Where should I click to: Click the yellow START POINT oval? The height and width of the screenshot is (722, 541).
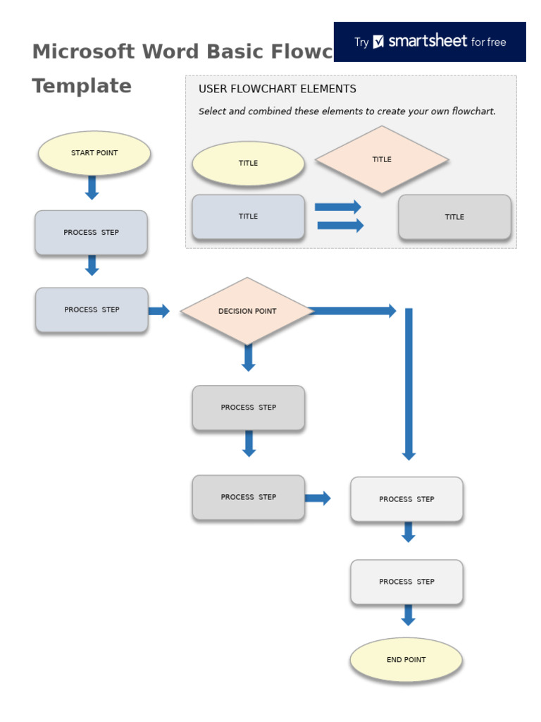click(x=94, y=153)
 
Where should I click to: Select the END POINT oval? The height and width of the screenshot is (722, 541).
click(x=406, y=660)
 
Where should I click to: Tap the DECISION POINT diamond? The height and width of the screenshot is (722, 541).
click(x=247, y=311)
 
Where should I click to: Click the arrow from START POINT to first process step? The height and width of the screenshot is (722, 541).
click(x=92, y=188)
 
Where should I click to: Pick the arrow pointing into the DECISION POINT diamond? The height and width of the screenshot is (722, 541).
click(x=159, y=311)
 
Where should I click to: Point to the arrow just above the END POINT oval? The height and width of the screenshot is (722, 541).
click(x=408, y=615)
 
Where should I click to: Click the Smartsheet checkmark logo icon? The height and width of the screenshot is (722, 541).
click(x=379, y=42)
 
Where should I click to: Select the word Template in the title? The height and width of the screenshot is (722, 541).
click(x=82, y=86)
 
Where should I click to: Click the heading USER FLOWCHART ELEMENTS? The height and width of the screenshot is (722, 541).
click(x=278, y=89)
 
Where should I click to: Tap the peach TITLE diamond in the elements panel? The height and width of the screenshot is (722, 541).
click(x=382, y=159)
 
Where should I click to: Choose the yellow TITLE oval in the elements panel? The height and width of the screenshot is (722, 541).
click(x=248, y=163)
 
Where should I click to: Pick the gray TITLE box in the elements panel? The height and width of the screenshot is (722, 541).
click(x=454, y=217)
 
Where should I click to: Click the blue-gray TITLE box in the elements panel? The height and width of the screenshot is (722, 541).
click(x=248, y=216)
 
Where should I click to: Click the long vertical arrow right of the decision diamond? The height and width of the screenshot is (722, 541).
click(x=409, y=384)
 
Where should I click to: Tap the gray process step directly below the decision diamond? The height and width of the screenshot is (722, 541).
click(x=248, y=408)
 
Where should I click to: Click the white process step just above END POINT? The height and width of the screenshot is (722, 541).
click(x=406, y=582)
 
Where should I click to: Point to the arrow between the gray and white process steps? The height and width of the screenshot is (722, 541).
click(x=318, y=498)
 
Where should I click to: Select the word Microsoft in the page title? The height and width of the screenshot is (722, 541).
click(x=83, y=51)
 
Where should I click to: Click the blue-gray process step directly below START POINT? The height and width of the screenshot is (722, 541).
click(x=91, y=233)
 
